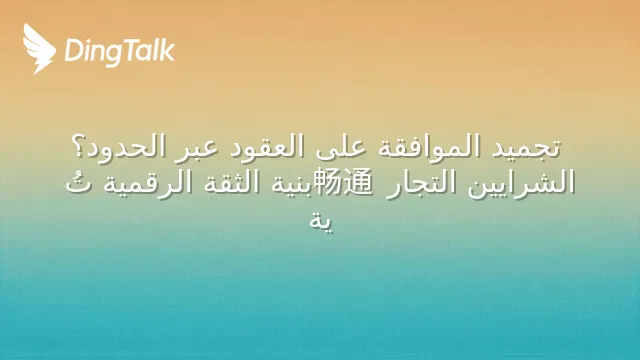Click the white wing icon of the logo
(39, 49)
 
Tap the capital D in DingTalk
(73, 51)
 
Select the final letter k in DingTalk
(167, 50)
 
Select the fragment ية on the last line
(321, 222)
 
